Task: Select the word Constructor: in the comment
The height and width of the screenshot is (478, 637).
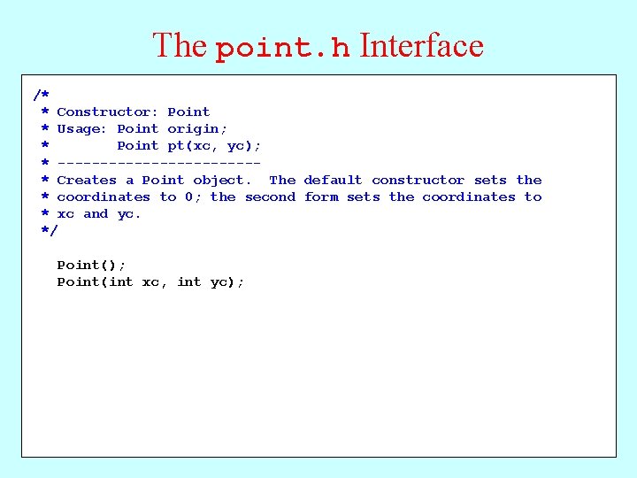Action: coord(108,112)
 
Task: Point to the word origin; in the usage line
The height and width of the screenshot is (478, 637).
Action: coord(197,128)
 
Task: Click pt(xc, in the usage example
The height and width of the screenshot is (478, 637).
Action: coord(194,146)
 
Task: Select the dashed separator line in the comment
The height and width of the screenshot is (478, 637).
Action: coord(158,163)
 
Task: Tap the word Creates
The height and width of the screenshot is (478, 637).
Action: coord(86,180)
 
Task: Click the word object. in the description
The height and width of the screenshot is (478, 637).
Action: coord(222,180)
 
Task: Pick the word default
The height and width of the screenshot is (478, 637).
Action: coord(333,180)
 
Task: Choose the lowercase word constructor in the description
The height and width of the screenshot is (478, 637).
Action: coord(418,180)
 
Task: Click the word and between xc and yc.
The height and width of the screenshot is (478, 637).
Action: coord(96,213)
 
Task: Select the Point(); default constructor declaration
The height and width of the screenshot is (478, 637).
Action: coord(91,265)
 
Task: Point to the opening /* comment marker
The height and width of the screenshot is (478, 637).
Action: coord(42,95)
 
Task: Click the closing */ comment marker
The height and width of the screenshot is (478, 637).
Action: coord(49,230)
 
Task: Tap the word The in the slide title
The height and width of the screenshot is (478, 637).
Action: coord(180,46)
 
